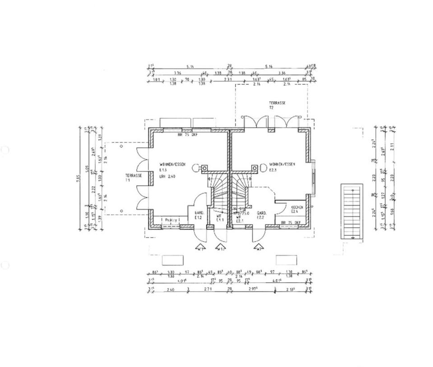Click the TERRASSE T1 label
tap(134, 178)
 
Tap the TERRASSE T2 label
tap(277, 106)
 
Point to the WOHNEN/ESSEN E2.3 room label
tap(282, 167)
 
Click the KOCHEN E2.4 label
tap(297, 209)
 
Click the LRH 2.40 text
tap(168, 177)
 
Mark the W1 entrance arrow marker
tap(200, 247)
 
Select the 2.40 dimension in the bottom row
tap(170, 289)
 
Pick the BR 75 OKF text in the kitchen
tap(290, 223)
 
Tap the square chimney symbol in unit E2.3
tap(254, 168)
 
